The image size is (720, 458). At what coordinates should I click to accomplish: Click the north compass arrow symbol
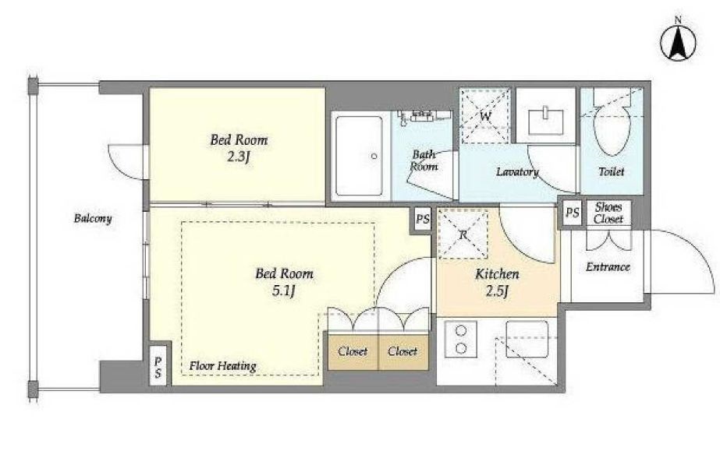click(678, 43)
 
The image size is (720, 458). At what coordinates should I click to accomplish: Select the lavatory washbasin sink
click(546, 121)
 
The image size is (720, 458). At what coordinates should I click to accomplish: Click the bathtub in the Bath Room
click(359, 156)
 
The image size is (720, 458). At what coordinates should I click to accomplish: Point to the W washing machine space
click(485, 116)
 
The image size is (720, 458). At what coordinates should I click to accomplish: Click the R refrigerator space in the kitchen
click(463, 234)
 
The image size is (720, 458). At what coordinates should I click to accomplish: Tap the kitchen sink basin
click(527, 339)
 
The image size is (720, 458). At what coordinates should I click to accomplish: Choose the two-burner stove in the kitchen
click(461, 340)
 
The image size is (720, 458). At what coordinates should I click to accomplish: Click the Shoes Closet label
click(608, 213)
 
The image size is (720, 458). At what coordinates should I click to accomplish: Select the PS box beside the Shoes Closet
click(572, 213)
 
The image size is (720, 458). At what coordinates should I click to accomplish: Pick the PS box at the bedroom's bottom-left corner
click(158, 367)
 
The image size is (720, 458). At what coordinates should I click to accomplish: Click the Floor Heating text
click(222, 366)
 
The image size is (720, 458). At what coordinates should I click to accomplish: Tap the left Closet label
click(353, 351)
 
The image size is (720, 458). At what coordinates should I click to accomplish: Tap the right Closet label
click(403, 351)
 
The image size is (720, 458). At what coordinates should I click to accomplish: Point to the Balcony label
click(93, 218)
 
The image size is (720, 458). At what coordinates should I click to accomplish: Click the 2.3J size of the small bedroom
click(239, 157)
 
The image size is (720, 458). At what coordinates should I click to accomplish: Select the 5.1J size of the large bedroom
click(283, 291)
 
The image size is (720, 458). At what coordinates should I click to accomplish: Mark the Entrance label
click(608, 267)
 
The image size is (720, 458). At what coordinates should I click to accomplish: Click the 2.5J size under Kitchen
click(497, 291)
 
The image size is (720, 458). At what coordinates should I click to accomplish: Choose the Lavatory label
click(517, 172)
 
